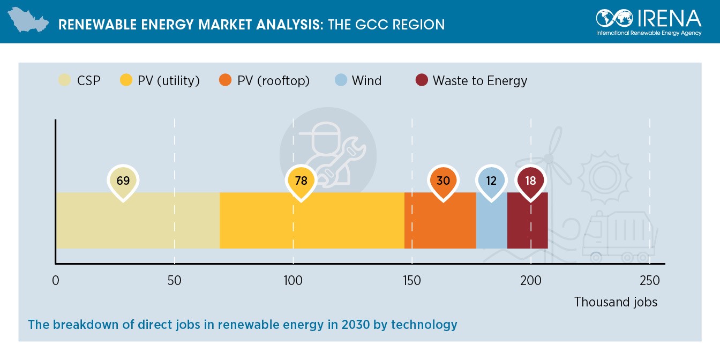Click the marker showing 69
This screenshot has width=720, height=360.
tap(123, 181)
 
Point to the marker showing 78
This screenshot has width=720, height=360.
tap(301, 181)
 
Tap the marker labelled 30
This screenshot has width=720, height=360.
tap(443, 181)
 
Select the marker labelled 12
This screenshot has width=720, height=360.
tap(491, 181)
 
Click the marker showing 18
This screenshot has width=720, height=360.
tap(530, 181)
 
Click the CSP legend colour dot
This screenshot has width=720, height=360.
tap(64, 81)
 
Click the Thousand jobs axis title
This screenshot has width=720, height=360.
tap(616, 302)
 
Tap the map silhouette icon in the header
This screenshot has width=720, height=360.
tap(28, 21)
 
